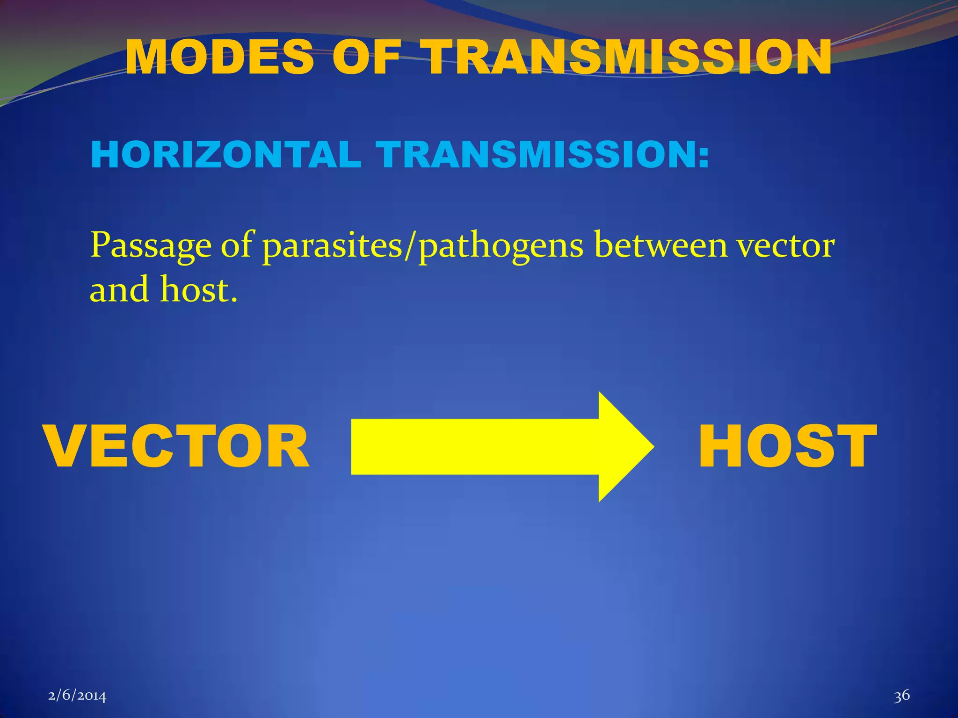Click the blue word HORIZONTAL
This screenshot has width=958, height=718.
pos(226,155)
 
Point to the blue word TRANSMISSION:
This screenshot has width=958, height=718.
pos(543,155)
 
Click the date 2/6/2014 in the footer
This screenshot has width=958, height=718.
pos(77,696)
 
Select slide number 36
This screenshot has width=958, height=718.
pos(902,696)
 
